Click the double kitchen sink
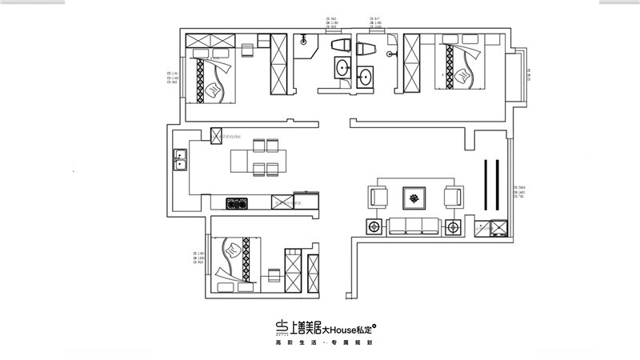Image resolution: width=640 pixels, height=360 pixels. click(x=181, y=165)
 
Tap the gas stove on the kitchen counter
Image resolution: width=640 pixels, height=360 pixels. click(x=238, y=203)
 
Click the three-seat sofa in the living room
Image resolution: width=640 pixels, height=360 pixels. click(x=414, y=226)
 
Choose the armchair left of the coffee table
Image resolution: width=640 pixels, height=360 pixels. click(x=378, y=197)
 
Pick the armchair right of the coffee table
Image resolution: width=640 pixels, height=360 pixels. click(x=453, y=197)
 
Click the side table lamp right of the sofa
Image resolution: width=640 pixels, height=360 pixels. click(x=454, y=226)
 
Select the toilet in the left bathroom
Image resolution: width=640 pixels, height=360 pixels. click(x=339, y=46)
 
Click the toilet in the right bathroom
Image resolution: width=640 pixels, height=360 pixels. click(x=366, y=50)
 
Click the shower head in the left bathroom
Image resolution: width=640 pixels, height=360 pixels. click(x=305, y=38)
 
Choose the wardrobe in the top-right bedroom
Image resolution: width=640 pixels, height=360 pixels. click(x=411, y=62)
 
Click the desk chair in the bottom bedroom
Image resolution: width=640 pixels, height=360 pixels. click(x=274, y=277)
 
